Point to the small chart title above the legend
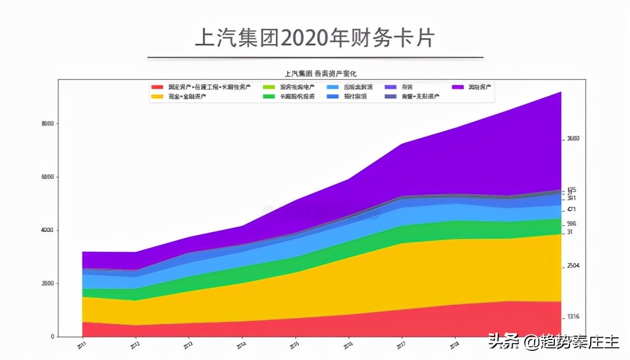tap(321, 73)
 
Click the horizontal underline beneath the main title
tap(315, 58)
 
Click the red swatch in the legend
tap(157, 87)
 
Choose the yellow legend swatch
tap(157, 97)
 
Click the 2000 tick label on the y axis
tap(47, 283)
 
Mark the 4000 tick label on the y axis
tap(47, 230)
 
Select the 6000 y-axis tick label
tap(47, 177)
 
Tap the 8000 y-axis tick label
tap(47, 124)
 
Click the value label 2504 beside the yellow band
tap(573, 266)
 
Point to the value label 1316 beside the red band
tap(573, 317)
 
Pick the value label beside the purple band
tap(573, 138)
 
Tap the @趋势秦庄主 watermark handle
tap(572, 342)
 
